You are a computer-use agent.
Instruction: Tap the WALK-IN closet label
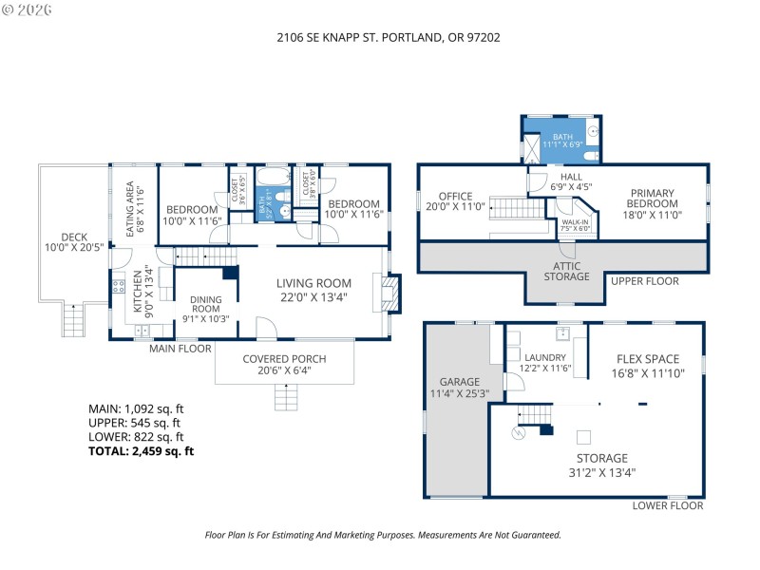pyautogui.click(x=576, y=224)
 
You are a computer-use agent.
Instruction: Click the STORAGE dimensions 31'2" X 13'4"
pyautogui.click(x=594, y=471)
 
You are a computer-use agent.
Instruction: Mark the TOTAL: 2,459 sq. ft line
pyautogui.click(x=141, y=452)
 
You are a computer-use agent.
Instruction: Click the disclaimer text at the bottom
pyautogui.click(x=383, y=535)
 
